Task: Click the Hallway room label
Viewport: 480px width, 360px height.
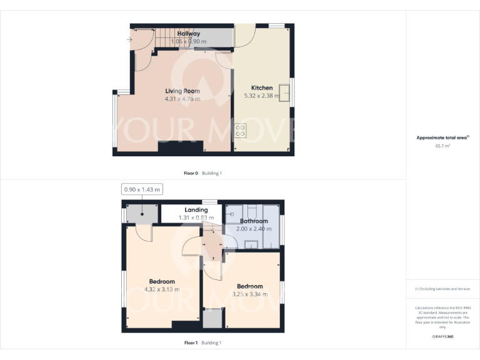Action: (x=188, y=34)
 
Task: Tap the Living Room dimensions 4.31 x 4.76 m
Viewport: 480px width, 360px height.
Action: (x=182, y=99)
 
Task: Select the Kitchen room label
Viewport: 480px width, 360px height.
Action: (x=262, y=88)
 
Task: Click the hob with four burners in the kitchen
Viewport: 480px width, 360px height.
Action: (x=241, y=130)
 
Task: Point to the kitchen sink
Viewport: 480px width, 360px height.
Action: (x=284, y=92)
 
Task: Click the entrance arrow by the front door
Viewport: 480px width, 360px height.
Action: (x=129, y=40)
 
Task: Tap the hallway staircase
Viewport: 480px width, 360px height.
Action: (x=164, y=38)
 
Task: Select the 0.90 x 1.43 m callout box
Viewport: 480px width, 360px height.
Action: (x=142, y=189)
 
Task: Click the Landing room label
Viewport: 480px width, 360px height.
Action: (x=196, y=210)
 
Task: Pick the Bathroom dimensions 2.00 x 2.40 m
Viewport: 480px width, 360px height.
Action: (x=254, y=229)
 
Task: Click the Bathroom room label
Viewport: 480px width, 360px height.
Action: (x=254, y=221)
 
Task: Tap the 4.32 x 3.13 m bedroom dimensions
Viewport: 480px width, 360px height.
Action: (x=162, y=289)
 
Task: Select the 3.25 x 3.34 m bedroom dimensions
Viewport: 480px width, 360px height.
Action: (x=249, y=294)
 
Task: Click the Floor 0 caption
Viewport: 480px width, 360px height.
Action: (x=191, y=173)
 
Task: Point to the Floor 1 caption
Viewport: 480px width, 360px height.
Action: (x=191, y=342)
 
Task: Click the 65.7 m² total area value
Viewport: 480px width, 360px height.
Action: (x=442, y=146)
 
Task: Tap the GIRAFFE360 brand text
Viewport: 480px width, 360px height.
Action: (x=442, y=337)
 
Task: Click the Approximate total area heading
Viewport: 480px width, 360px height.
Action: (x=442, y=137)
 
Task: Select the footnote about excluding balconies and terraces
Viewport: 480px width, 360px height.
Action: (x=442, y=289)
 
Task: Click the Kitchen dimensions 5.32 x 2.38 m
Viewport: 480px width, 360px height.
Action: (x=262, y=96)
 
